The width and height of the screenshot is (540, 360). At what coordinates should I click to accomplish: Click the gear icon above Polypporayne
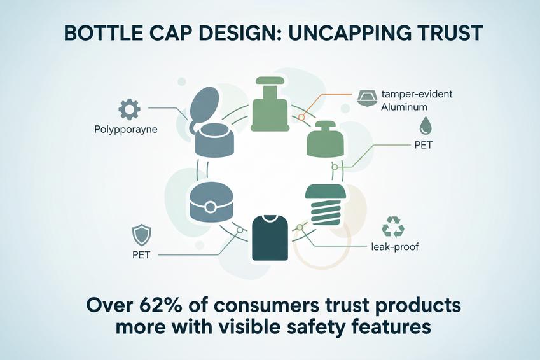coord(129,109)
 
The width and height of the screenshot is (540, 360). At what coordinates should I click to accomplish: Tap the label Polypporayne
coord(126,130)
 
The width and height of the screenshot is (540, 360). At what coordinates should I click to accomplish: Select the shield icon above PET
coord(142,235)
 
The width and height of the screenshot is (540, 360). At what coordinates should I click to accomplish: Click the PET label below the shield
coord(141,255)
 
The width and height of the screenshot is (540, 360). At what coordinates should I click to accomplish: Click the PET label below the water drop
coord(423,145)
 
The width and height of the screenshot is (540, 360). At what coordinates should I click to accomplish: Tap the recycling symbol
coord(393,226)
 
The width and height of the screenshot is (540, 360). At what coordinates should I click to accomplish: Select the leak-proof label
coord(395,247)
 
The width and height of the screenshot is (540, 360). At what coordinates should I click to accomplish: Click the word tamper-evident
coord(417,93)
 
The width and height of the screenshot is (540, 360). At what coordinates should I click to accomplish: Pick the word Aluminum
coord(404,107)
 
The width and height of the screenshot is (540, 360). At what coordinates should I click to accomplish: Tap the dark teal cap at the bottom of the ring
coord(270,238)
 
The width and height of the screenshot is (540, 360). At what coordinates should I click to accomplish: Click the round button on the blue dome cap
coord(210,207)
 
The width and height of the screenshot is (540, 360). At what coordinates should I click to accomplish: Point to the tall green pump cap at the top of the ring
coord(270,104)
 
